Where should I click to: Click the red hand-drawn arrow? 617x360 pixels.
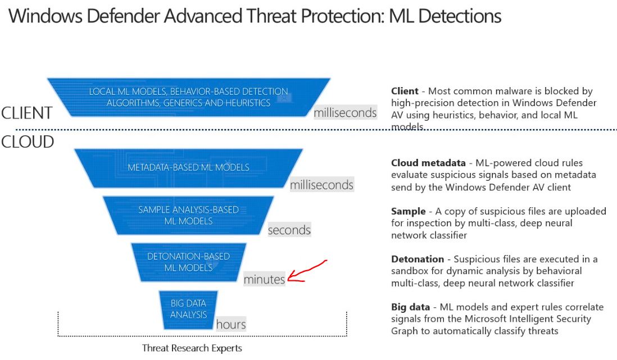click(x=306, y=272)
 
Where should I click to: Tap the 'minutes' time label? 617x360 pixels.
click(x=264, y=279)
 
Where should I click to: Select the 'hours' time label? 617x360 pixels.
click(x=231, y=324)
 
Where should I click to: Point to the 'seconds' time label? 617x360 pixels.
click(x=289, y=230)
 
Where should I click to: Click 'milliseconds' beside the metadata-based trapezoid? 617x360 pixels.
click(x=321, y=185)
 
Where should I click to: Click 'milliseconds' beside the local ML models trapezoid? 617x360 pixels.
click(x=345, y=113)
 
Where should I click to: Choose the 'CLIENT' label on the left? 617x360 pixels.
click(x=26, y=113)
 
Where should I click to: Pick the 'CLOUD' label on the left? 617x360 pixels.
click(x=28, y=142)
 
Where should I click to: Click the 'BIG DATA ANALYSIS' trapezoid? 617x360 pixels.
click(x=189, y=309)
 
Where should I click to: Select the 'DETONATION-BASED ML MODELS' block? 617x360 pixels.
click(x=189, y=262)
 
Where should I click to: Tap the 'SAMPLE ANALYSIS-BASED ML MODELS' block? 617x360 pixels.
click(x=189, y=216)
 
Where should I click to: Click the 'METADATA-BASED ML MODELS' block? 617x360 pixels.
click(x=189, y=167)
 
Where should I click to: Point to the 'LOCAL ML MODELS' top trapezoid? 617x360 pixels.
click(x=189, y=97)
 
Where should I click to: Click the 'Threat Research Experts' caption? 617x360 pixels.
click(x=192, y=348)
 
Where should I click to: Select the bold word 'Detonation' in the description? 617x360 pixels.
click(x=418, y=259)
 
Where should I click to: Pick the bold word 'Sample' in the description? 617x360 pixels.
click(x=409, y=211)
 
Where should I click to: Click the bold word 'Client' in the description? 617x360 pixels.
click(x=405, y=91)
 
